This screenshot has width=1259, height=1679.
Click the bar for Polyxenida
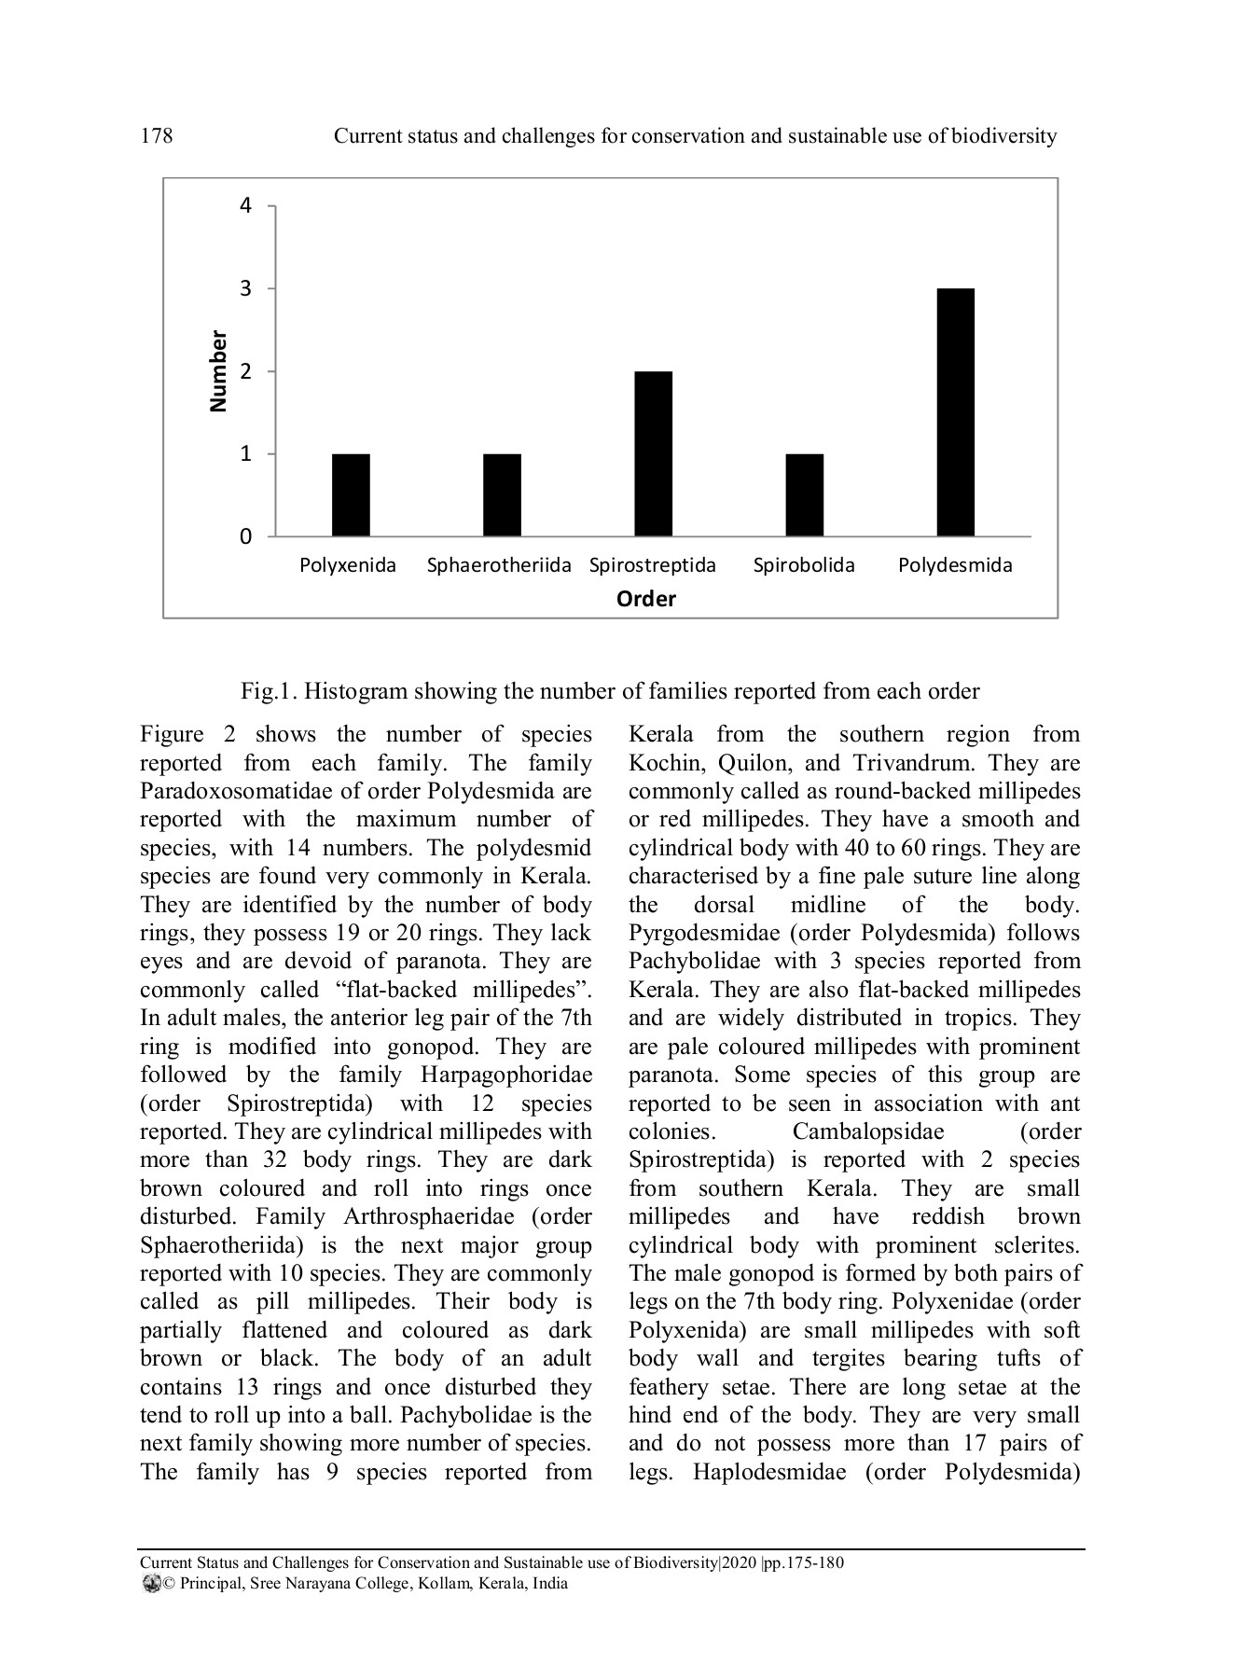[351, 495]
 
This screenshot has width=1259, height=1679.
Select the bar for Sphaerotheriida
[502, 495]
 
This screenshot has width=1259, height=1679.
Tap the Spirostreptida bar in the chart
[653, 454]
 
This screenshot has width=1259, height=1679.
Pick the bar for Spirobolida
[804, 495]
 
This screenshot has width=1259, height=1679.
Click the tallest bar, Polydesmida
[955, 412]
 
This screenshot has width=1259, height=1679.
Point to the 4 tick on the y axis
[245, 205]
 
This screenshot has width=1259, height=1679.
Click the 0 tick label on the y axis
[245, 537]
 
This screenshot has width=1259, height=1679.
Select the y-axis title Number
[218, 370]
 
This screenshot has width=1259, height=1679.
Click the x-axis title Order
[645, 599]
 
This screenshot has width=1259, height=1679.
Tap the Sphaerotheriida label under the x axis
[499, 565]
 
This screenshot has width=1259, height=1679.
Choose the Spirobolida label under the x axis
[804, 565]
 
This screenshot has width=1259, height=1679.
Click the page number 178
[157, 136]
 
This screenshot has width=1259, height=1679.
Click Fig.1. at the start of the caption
[269, 691]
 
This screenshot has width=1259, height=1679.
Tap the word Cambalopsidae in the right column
[867, 1131]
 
